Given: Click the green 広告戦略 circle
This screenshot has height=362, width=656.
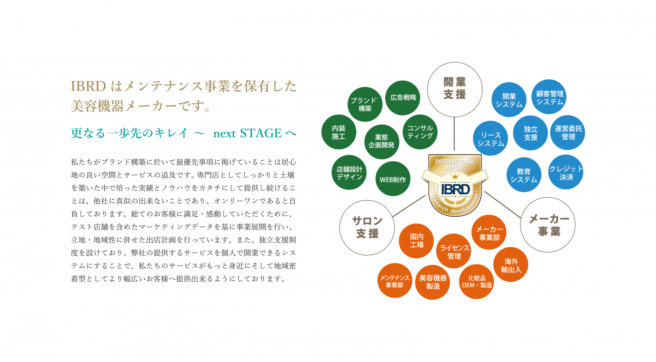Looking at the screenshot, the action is point(403,98).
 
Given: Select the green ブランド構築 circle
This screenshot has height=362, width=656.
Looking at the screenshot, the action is point(365,104).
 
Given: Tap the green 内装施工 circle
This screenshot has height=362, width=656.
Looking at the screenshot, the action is point(339,132).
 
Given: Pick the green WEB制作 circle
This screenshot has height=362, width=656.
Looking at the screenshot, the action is point(393,179).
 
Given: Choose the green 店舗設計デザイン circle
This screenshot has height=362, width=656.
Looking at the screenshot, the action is point(349,172).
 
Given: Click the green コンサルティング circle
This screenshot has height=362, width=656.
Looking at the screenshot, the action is point(420,132).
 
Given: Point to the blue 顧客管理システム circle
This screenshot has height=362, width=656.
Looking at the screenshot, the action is point(549,97).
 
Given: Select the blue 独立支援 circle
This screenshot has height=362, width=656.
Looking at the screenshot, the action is point(531,133).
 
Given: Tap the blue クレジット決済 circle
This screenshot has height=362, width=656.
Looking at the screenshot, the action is point(566,172).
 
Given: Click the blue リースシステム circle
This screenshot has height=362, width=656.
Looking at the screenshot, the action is point(491,138).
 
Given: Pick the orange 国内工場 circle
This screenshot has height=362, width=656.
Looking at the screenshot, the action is point(416,241).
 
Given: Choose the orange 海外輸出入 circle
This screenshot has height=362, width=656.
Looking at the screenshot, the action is point(511,265).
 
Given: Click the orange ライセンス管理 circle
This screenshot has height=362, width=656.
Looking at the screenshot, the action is point(454,251).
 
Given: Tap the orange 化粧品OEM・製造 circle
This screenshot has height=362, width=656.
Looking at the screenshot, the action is point(477,282).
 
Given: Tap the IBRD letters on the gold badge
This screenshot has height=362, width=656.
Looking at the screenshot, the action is point(455,189).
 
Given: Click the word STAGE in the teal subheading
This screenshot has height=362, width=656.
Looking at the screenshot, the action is point(261,133).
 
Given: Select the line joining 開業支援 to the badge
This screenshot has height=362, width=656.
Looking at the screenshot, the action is point(454,134).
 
